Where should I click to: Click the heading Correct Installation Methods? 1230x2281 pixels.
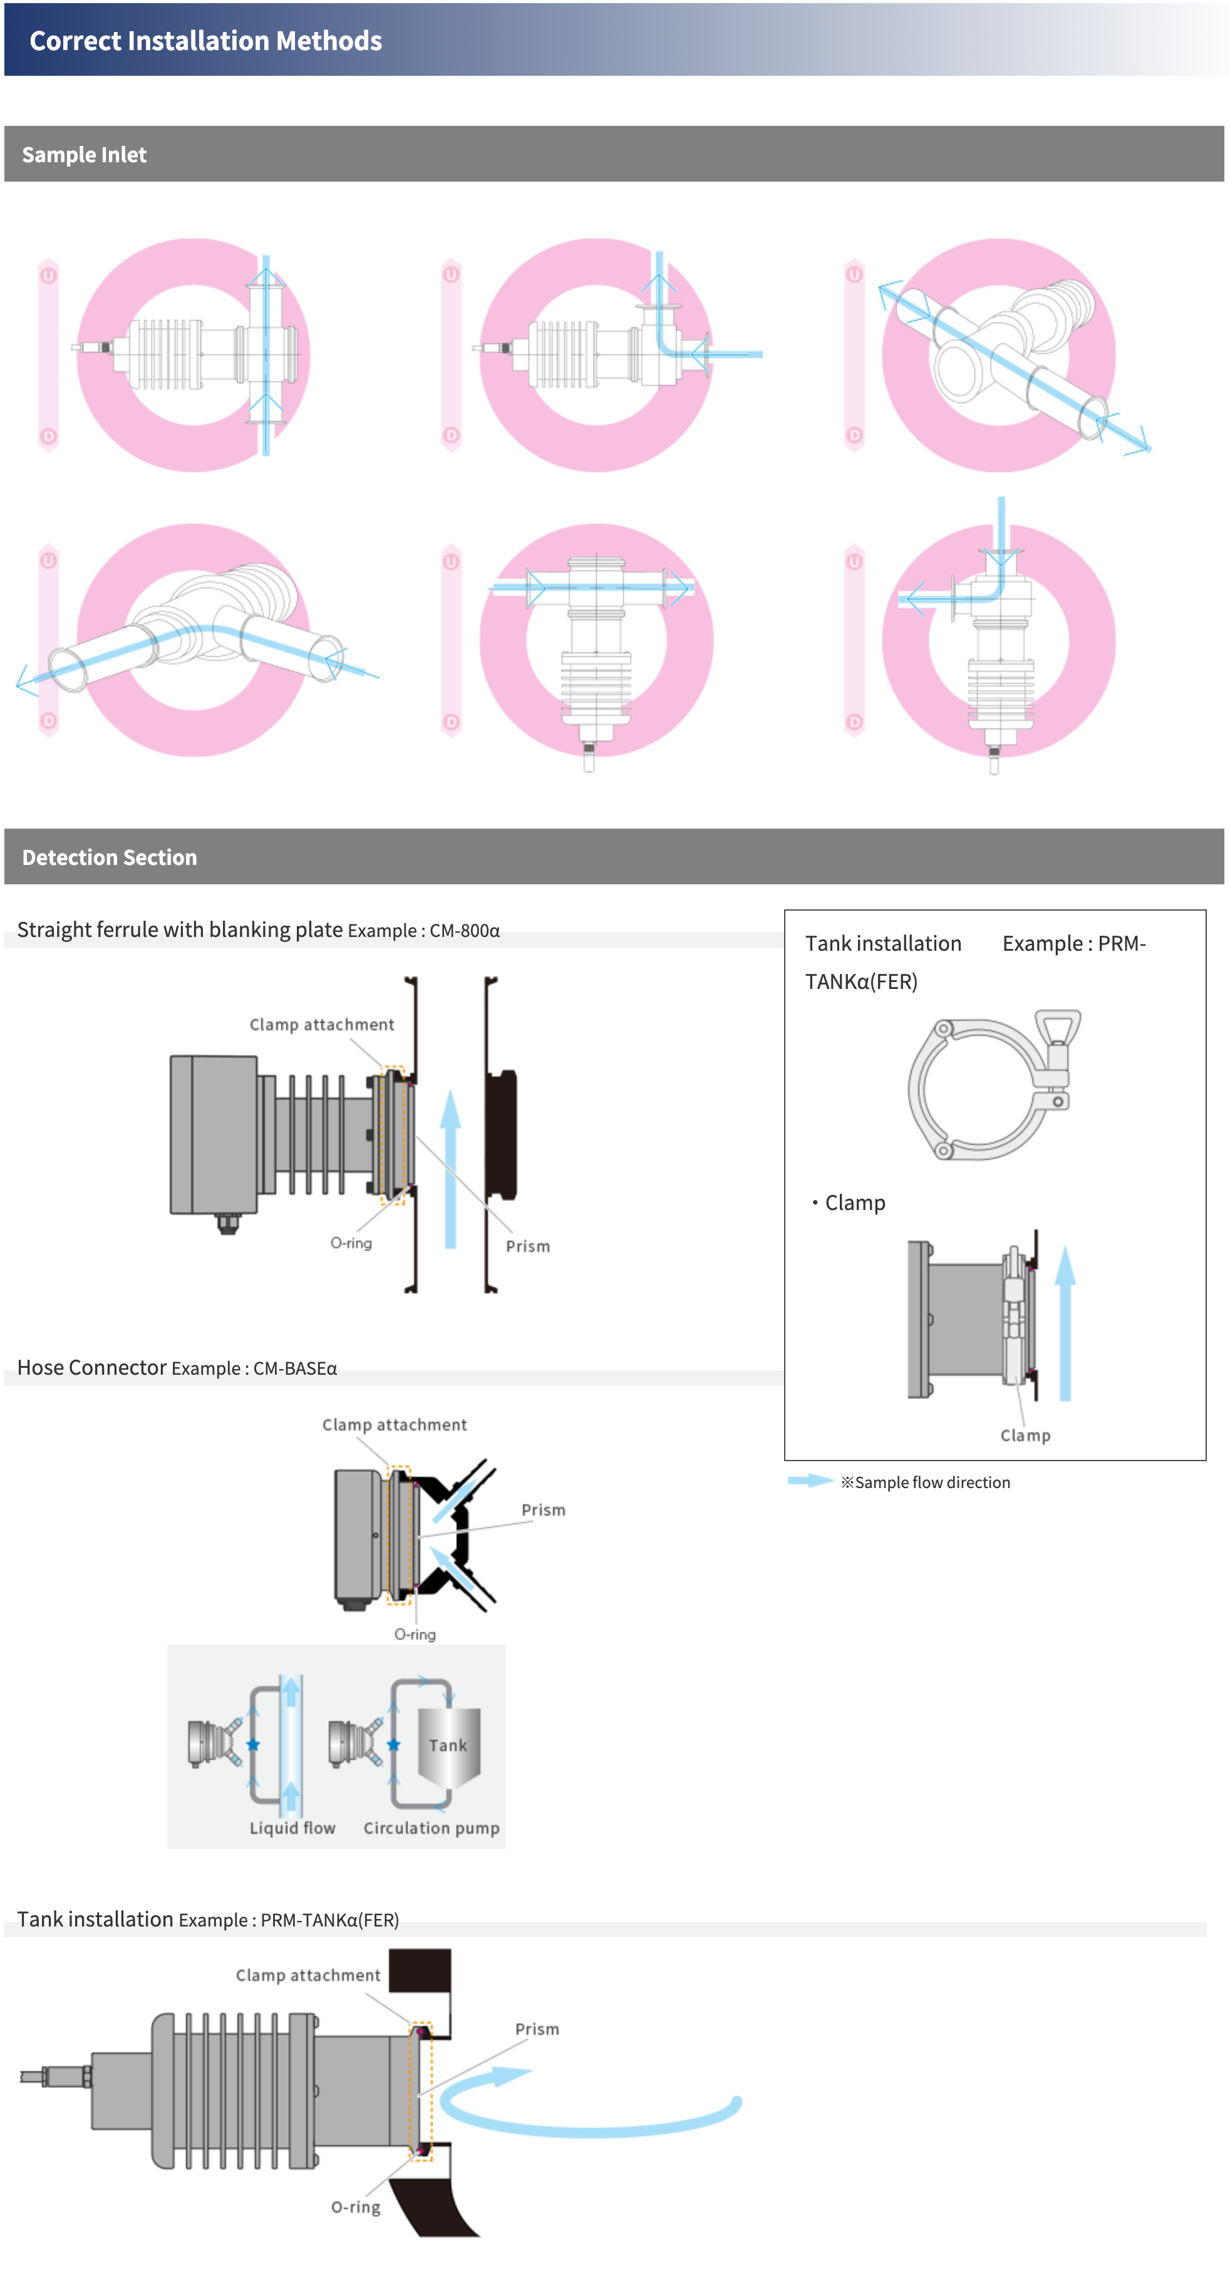205,41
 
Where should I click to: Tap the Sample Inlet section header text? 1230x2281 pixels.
84,155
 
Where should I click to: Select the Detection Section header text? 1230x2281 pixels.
109,857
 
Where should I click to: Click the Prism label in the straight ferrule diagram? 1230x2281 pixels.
528,1246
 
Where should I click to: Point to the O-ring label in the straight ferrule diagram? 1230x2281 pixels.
351,1243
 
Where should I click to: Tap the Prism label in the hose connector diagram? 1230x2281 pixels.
543,1510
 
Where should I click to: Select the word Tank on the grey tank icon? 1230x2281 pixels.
448,1746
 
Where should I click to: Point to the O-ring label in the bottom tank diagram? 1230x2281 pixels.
356,2206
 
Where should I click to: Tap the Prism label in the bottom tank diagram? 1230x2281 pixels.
537,2029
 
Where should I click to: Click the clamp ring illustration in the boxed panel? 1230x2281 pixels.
993,1085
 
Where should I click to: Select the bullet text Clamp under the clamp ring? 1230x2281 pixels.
854,1203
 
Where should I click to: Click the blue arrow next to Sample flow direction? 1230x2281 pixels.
809,1481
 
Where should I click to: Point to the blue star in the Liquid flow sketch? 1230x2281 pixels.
253,1744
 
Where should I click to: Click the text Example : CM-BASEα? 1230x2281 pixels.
254,1369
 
